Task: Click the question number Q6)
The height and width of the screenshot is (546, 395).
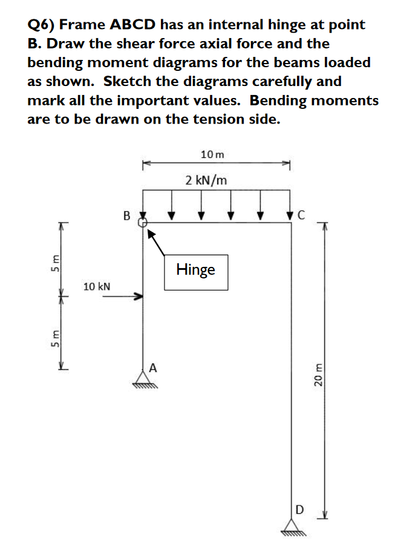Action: point(42,25)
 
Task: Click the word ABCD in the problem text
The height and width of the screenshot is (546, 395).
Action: point(134,25)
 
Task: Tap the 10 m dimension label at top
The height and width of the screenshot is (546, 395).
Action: point(212,154)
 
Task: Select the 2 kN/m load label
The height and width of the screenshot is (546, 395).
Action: point(206,180)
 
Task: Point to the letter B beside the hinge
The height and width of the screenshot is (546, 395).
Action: point(126,215)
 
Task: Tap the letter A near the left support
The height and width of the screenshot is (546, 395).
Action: point(154,367)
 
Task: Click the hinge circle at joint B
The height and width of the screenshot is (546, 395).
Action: point(143,223)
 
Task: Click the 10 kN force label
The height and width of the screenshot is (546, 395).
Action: point(97,286)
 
